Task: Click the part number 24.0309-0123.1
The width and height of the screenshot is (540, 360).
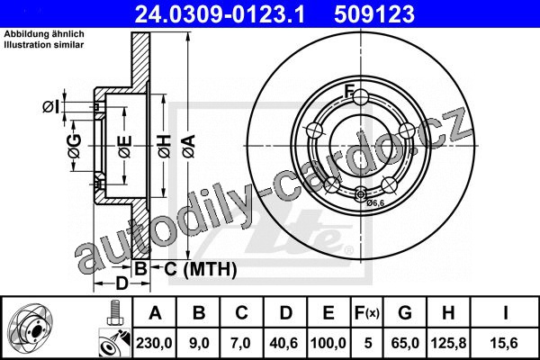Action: [x=220, y=14]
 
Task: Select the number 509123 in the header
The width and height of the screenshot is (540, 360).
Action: [x=374, y=14]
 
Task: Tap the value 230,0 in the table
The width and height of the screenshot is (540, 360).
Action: [x=154, y=343]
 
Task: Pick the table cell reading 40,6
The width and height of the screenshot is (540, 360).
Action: [x=284, y=343]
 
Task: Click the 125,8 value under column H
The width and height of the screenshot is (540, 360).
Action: [x=448, y=343]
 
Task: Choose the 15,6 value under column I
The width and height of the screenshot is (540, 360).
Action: [x=505, y=343]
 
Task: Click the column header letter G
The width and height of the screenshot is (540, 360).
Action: [x=405, y=313]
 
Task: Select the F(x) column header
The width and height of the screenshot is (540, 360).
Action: [x=367, y=313]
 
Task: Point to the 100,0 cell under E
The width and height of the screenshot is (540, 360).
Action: [x=328, y=343]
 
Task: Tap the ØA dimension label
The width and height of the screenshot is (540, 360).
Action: [x=189, y=147]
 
